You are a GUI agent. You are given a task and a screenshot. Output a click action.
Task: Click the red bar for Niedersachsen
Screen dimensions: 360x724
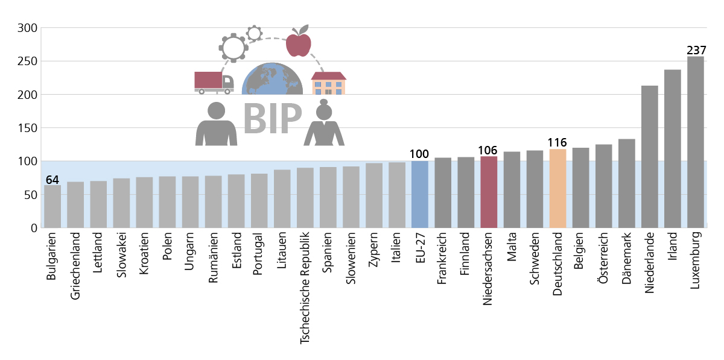coord(489,192)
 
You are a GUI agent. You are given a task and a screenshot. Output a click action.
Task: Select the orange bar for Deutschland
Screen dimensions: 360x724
coord(557,188)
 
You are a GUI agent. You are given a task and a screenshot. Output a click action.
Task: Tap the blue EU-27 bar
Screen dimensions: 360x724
coord(420,194)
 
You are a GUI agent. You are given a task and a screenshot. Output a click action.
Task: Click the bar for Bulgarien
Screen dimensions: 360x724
coord(52,206)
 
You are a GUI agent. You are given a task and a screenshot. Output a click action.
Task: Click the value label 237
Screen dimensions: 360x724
coord(695,51)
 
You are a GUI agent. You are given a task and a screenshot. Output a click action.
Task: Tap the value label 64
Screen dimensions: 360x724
coord(52,179)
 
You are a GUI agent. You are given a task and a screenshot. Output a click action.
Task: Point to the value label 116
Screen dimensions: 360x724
coord(557,143)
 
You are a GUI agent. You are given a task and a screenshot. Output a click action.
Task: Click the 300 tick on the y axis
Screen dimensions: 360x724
coord(28,28)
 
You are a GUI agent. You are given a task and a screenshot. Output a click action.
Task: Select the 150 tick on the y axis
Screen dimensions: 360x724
coord(28,128)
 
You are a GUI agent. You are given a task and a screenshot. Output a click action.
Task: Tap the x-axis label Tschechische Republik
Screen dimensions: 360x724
coord(305,288)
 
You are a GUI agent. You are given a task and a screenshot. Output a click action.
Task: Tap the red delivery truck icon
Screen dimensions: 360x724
coord(213,83)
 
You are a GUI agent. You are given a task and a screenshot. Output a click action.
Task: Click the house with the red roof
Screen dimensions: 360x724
coord(328,83)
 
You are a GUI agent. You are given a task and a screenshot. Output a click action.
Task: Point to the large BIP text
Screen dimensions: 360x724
coord(272,119)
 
